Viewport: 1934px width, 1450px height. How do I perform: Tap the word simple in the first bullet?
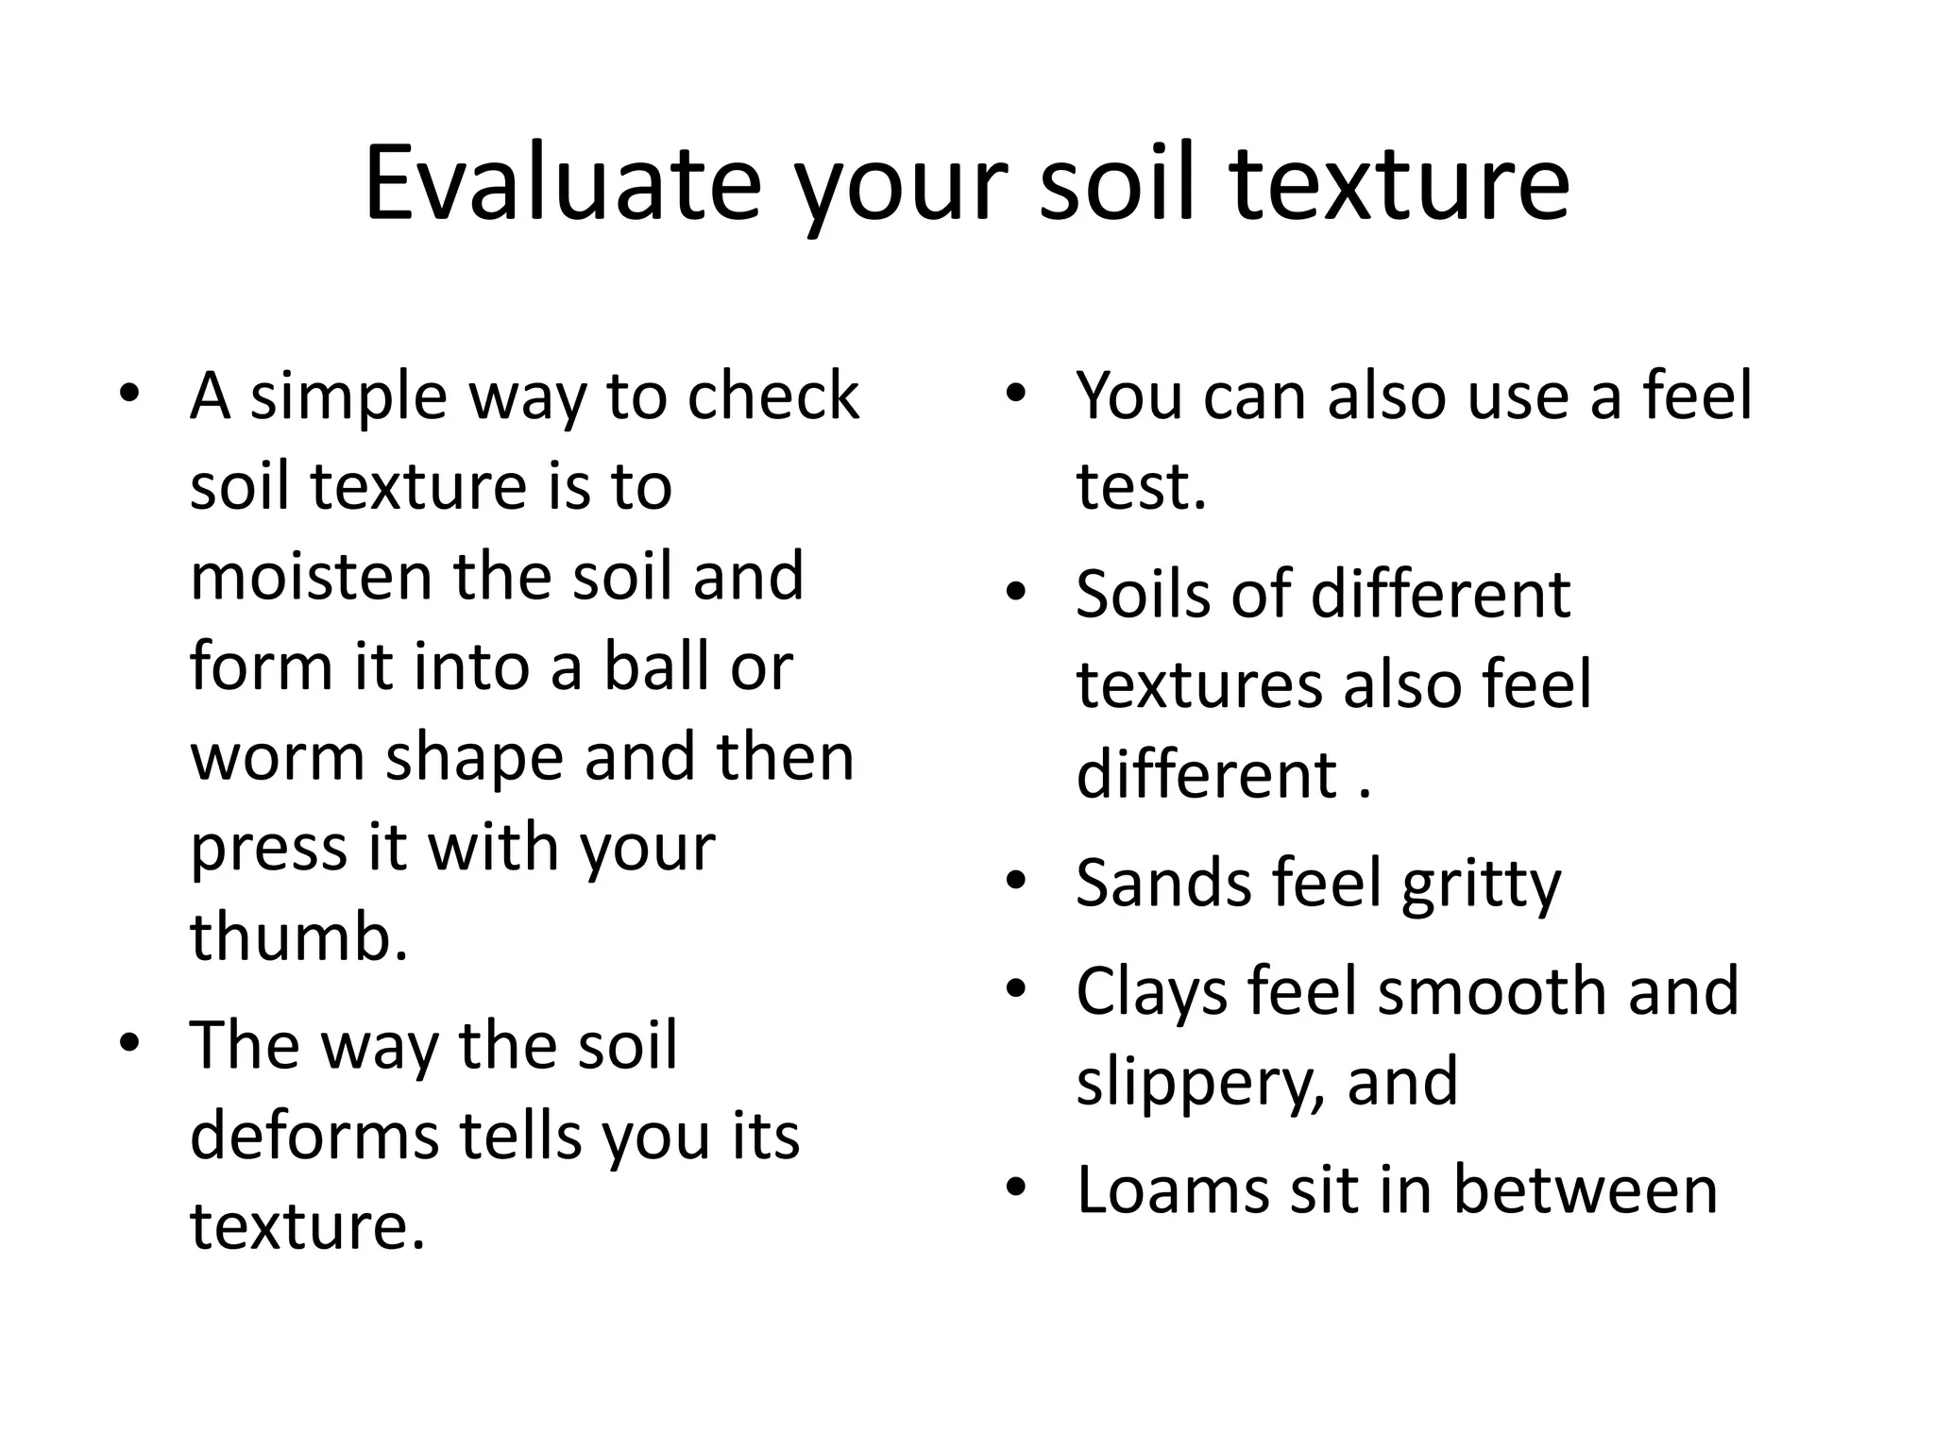pos(348,396)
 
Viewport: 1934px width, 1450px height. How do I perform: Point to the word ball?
pos(656,666)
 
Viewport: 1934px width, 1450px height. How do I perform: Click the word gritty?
pos(1481,885)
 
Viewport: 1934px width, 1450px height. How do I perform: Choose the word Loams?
pos(1172,1189)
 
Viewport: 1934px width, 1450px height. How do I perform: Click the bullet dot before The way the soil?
pos(129,1043)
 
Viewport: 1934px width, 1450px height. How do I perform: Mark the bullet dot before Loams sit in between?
pos(1016,1188)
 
